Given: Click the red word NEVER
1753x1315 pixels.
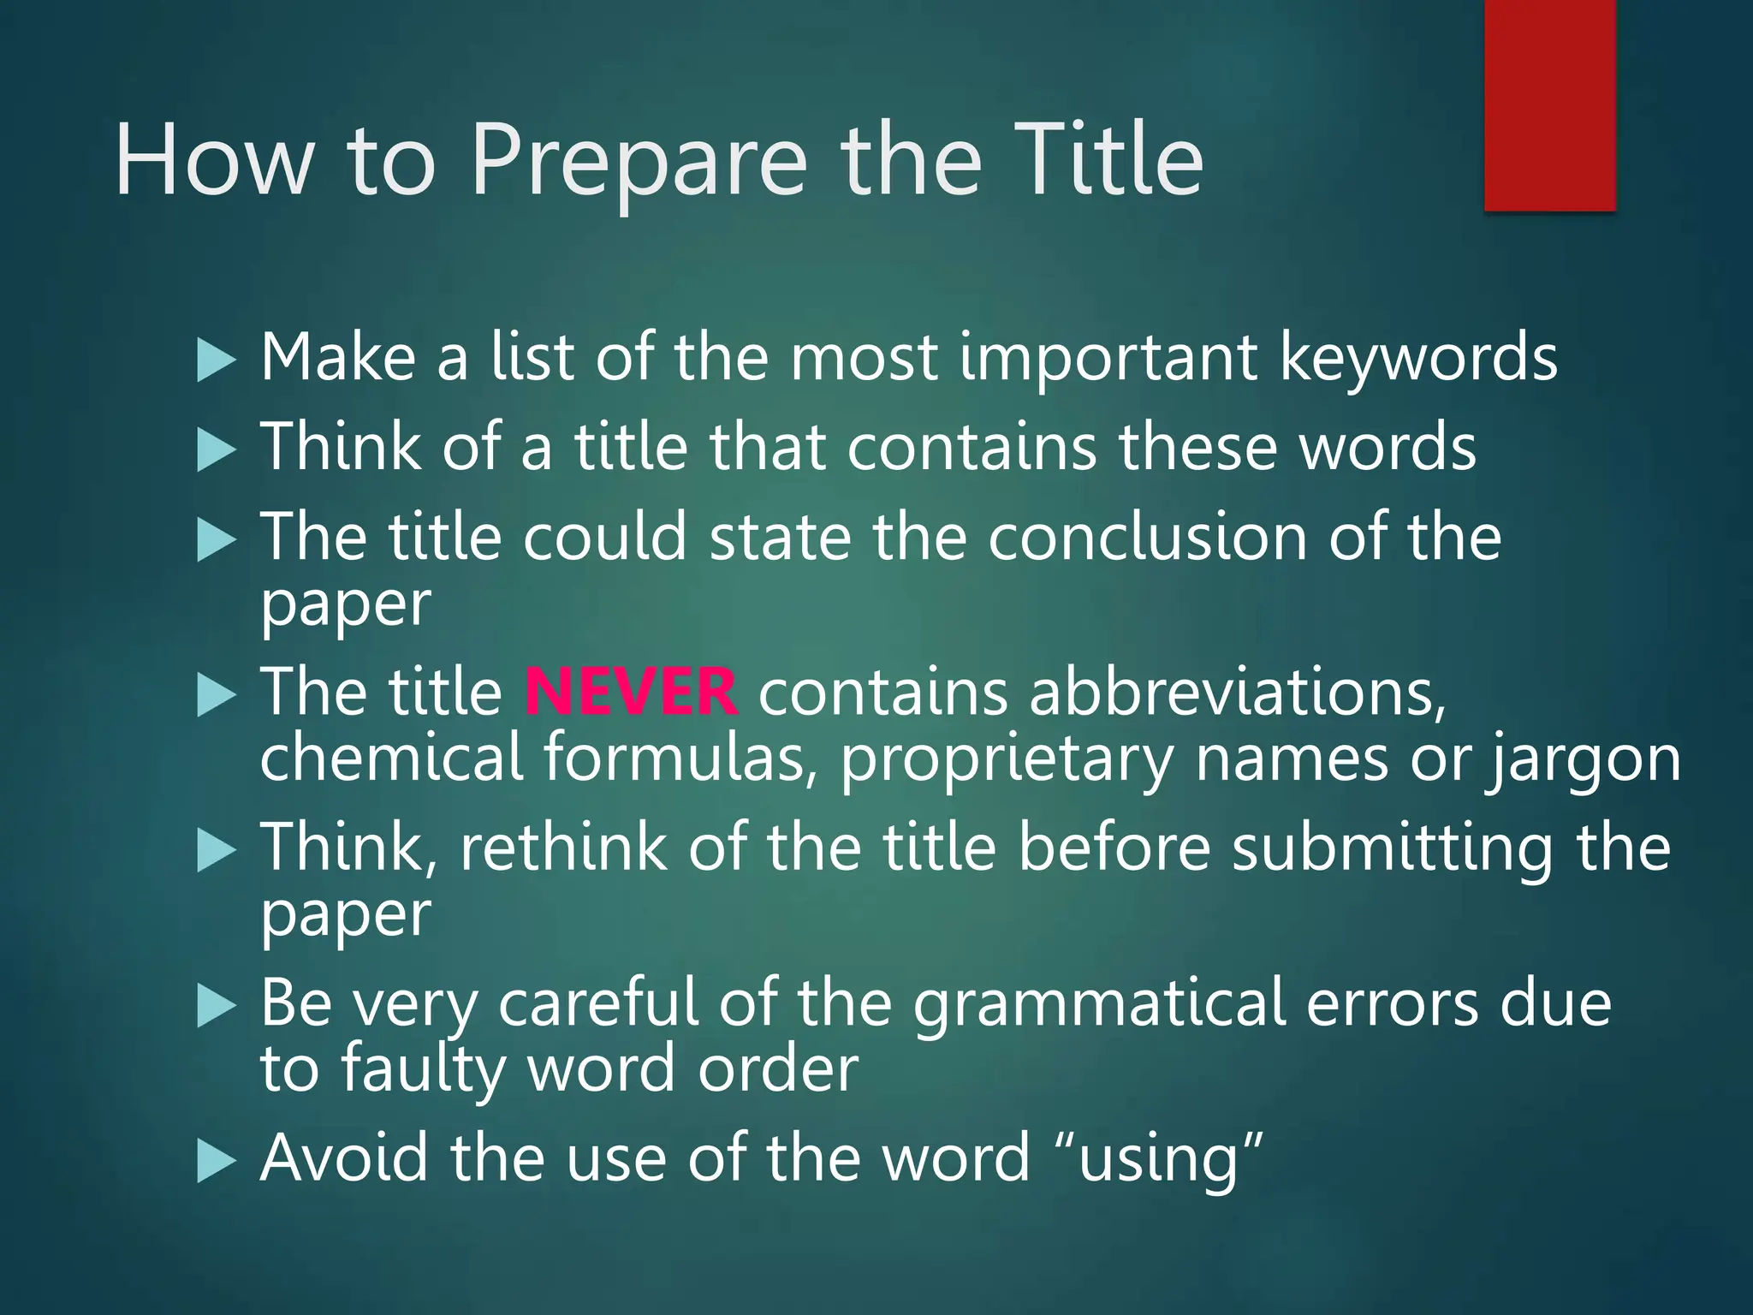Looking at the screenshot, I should click(631, 692).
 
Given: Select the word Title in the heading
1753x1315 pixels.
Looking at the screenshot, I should click(1104, 159).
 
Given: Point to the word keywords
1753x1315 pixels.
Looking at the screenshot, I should click(1418, 358).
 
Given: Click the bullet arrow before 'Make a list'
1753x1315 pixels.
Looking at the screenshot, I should click(215, 360).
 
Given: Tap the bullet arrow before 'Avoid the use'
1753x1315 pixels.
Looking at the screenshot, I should click(215, 1161).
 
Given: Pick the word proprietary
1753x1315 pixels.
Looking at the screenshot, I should click(1007, 760).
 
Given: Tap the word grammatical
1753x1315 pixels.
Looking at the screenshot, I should click(1099, 1003).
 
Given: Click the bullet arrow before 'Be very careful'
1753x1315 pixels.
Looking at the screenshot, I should click(215, 1006).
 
